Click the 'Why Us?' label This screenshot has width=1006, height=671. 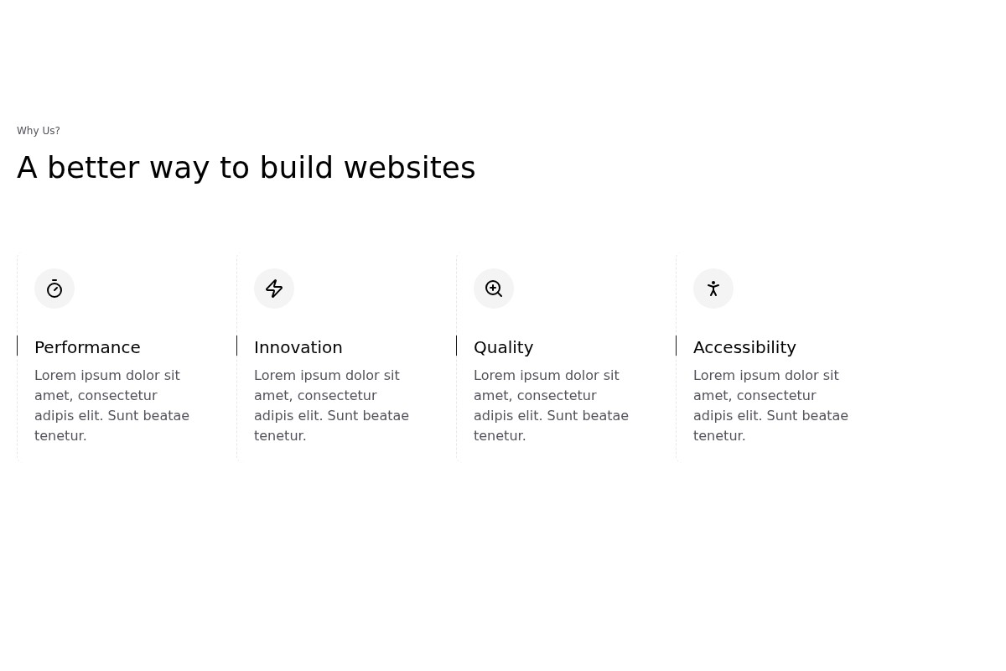point(39,131)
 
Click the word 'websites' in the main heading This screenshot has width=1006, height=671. point(410,168)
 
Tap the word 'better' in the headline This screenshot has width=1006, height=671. point(93,168)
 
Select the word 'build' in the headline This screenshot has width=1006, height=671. point(297,168)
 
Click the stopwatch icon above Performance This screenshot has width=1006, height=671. point(54,289)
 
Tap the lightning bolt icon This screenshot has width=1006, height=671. point(274,289)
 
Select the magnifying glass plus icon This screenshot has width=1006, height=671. point(494,289)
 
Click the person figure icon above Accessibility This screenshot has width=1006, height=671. point(713,289)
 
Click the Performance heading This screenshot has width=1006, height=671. point(87,347)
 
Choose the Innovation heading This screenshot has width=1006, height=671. point(298,347)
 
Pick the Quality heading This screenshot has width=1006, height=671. point(504,348)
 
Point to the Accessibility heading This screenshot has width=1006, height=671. point(744,348)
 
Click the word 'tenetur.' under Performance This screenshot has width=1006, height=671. point(60,436)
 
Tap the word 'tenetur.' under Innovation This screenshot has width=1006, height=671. point(280,436)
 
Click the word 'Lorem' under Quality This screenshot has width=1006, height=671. point(493,375)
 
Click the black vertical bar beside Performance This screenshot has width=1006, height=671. point(17,346)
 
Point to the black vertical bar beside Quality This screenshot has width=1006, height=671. point(456,346)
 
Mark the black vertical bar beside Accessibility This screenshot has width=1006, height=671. point(676,346)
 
